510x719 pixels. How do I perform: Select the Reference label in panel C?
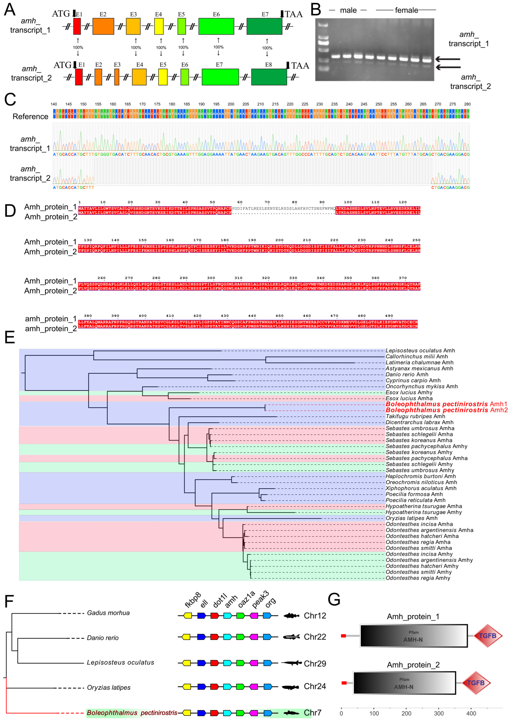coord(30,116)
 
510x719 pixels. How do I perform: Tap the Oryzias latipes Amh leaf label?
coord(411,518)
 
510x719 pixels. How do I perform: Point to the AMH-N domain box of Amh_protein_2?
coord(404,683)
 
